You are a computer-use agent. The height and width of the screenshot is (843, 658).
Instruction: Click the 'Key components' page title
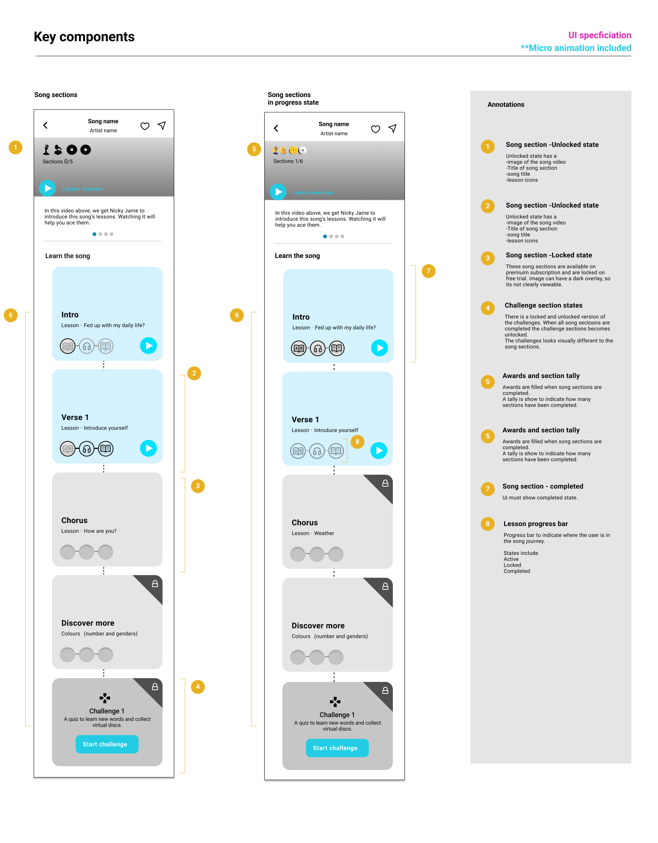click(84, 37)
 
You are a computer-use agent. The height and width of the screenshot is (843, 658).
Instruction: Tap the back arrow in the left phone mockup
click(46, 126)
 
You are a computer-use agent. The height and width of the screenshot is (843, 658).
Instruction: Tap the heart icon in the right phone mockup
click(376, 129)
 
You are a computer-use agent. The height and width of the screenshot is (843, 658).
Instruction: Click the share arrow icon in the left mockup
click(162, 126)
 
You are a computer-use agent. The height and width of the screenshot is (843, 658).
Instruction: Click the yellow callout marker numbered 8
click(357, 442)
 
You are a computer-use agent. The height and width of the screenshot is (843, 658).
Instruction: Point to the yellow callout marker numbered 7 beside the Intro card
click(428, 271)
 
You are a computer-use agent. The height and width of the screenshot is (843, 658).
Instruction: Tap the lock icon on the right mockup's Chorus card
click(385, 483)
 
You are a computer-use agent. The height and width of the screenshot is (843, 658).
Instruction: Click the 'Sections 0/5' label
click(58, 162)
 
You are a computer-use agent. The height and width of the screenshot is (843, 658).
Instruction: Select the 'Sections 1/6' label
click(288, 161)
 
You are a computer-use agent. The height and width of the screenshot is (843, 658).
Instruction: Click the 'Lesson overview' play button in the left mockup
click(48, 188)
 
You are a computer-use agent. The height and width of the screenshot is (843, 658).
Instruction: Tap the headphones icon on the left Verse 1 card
click(87, 448)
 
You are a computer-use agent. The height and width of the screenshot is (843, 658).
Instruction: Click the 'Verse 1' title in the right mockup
click(305, 420)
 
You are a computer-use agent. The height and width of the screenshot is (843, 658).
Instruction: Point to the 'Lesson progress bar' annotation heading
click(536, 524)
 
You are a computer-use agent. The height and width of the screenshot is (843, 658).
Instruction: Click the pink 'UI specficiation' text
click(600, 35)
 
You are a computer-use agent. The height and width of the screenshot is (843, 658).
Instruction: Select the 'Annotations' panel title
click(506, 105)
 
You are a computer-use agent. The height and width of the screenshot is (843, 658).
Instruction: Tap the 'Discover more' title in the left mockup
click(88, 623)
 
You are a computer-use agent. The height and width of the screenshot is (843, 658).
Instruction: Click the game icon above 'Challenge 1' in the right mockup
click(335, 702)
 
